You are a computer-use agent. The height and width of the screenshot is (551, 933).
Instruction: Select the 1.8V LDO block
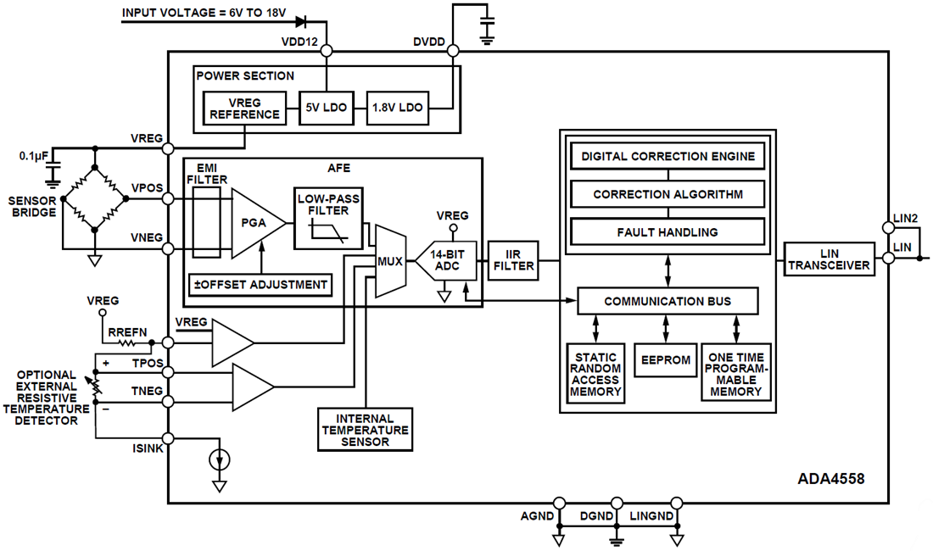click(398, 108)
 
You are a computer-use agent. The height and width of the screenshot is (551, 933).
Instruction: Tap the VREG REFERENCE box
click(244, 108)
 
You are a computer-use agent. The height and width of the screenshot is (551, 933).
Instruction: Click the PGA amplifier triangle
click(254, 223)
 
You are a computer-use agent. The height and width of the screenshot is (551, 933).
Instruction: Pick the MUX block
click(390, 261)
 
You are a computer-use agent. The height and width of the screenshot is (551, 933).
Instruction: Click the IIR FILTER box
click(514, 260)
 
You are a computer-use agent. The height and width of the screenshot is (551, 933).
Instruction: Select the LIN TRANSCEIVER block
click(829, 259)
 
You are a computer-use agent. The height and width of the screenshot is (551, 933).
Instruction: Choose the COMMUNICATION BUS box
click(668, 301)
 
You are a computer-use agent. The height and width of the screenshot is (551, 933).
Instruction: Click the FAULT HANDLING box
click(668, 231)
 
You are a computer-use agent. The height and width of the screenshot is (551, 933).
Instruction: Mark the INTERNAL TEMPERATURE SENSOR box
click(364, 430)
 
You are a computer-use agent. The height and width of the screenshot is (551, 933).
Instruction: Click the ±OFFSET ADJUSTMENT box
click(260, 285)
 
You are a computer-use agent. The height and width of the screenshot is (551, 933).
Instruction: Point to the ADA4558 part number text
click(830, 478)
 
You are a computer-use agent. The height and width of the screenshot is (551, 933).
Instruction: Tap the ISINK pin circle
click(168, 438)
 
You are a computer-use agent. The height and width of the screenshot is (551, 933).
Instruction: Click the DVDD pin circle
click(453, 51)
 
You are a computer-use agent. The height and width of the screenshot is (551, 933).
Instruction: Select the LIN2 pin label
click(905, 218)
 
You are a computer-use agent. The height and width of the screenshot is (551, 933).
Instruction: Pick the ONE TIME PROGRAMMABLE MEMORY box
click(735, 374)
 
